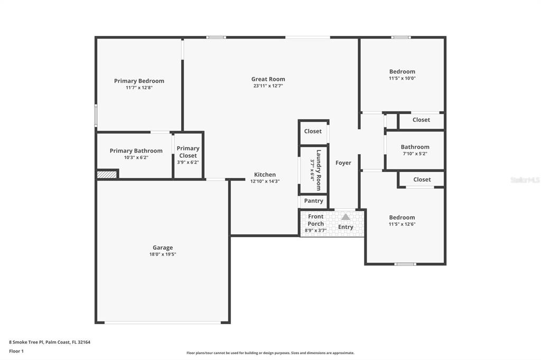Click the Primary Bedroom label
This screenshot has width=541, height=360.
tap(139, 81)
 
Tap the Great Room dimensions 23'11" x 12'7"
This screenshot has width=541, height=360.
tap(268, 86)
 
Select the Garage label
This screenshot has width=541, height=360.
tap(163, 248)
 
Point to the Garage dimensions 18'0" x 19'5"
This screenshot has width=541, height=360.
tap(163, 254)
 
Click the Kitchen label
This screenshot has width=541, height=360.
tap(265, 175)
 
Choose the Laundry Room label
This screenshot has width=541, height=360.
tap(319, 170)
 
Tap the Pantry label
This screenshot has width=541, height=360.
tap(314, 201)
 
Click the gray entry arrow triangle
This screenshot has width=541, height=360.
tap(346, 217)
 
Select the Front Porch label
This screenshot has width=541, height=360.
tap(316, 220)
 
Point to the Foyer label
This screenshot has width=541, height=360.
tap(343, 163)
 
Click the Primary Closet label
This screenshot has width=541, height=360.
tap(188, 151)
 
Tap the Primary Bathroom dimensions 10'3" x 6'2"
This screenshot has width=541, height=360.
tap(136, 158)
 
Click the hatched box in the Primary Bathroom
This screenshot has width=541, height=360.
tap(107, 175)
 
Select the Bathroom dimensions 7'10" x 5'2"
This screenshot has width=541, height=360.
tap(415, 154)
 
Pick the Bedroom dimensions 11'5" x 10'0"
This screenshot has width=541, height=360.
tap(402, 78)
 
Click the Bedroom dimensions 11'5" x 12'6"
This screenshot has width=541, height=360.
tap(402, 224)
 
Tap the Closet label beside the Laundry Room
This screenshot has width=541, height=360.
tap(313, 131)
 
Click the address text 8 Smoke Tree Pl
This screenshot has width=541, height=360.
tap(26, 342)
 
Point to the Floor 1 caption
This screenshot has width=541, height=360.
tap(16, 351)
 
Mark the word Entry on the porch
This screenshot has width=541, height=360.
tap(346, 227)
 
